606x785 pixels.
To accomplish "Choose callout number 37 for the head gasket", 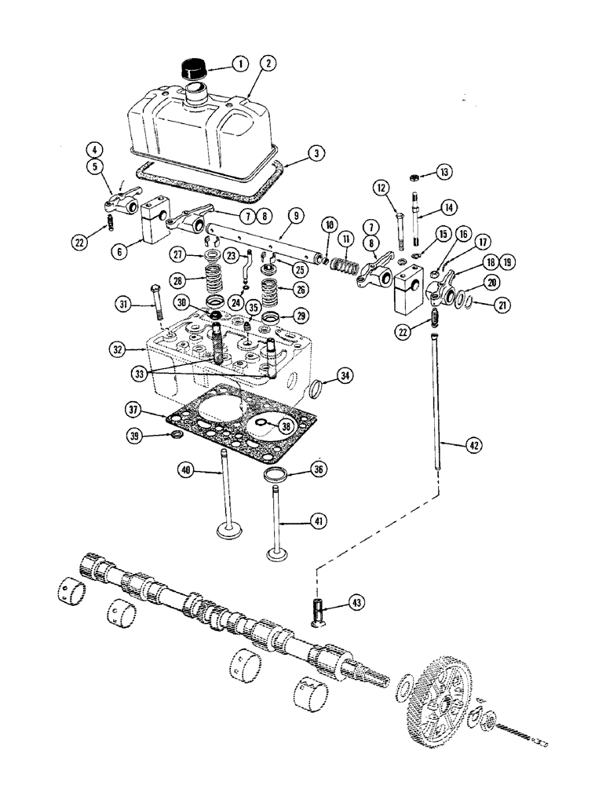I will pos(134,410).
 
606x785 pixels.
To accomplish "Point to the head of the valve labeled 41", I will pos(279,556).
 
